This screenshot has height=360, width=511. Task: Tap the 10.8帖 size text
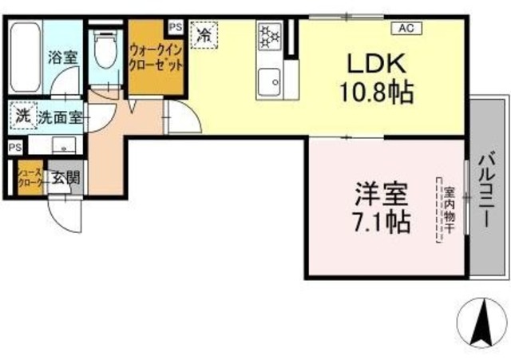378,94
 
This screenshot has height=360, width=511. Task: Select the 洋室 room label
382,194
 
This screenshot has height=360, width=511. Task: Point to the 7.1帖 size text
382,220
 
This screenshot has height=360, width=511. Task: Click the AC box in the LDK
406,29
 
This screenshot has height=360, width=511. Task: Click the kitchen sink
269,80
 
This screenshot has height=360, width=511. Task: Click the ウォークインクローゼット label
156,57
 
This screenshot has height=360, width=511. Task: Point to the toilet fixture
103,51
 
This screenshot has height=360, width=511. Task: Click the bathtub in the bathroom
25,57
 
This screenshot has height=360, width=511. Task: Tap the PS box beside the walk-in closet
176,26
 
